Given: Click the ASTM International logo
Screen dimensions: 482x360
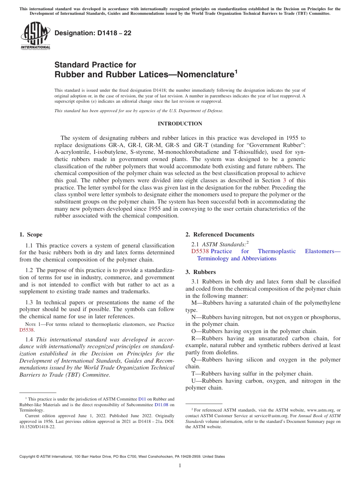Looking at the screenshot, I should click(35, 36).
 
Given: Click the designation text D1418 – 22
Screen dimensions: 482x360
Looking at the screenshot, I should click(93, 33).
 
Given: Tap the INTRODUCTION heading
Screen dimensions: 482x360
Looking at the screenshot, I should click(180, 124).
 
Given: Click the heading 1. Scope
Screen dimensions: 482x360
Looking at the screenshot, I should click(31, 235).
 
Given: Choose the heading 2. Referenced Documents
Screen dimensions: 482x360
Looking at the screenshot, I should click(220, 235).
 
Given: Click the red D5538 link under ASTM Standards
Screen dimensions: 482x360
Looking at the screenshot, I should click(200, 251).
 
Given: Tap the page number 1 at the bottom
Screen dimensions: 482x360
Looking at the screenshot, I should click(180, 466).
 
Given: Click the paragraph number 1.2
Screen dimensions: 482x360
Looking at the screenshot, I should click(30, 270).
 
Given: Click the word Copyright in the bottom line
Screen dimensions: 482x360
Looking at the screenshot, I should click(29, 457).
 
